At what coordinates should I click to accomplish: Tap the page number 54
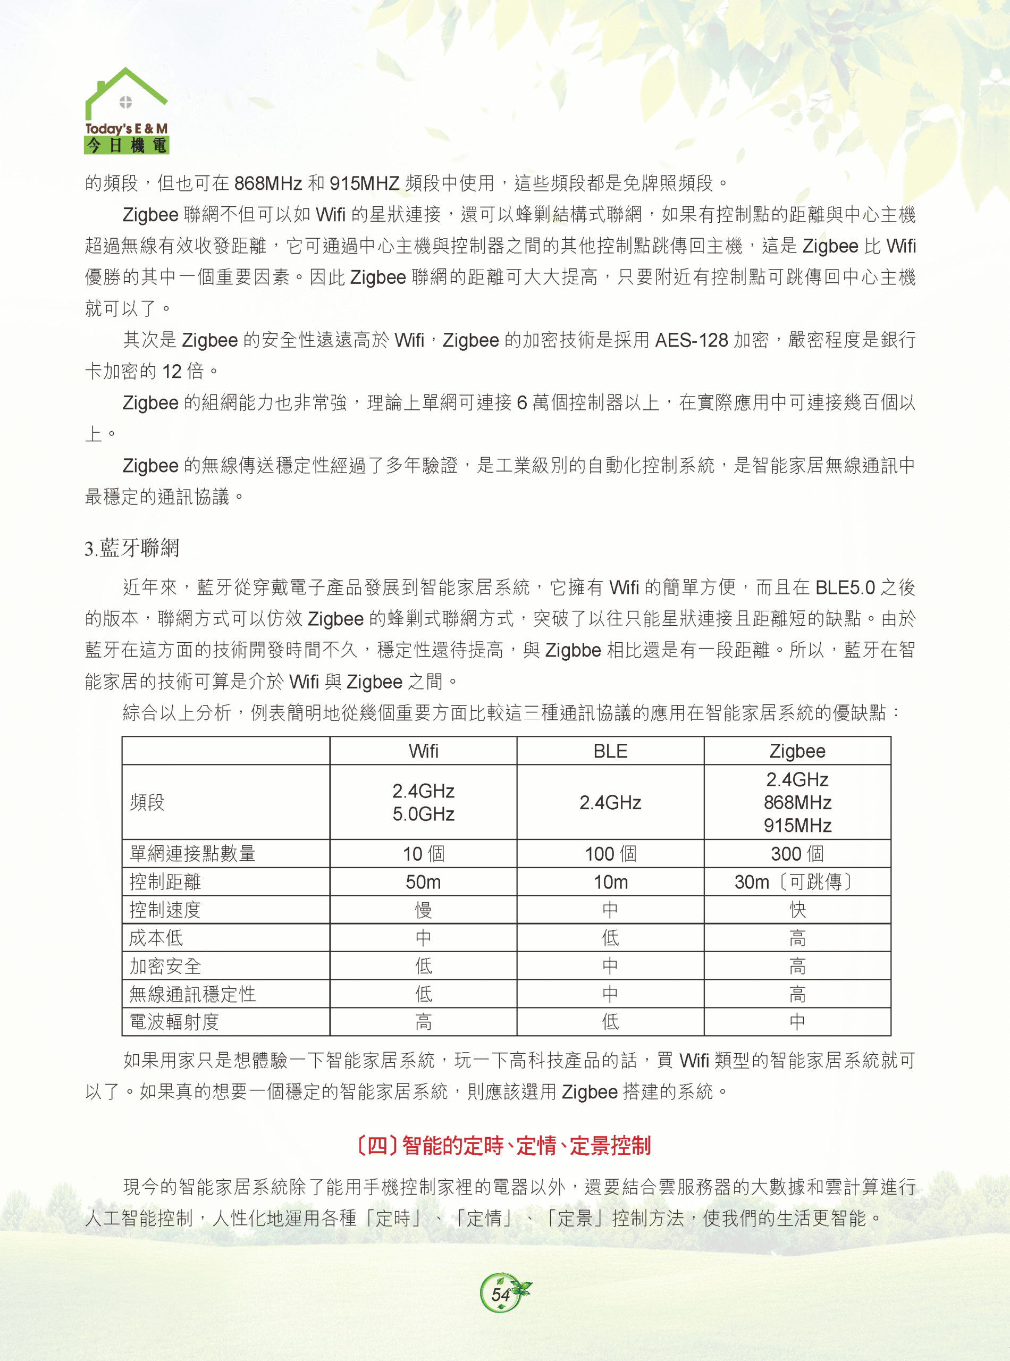[x=501, y=1293]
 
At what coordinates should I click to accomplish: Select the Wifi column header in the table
[x=423, y=751]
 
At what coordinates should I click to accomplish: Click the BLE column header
[x=610, y=751]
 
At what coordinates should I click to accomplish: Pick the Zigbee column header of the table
[x=797, y=751]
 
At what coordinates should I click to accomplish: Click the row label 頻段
[x=147, y=802]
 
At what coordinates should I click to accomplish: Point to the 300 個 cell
[x=797, y=853]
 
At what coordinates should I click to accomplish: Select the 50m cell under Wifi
[x=423, y=881]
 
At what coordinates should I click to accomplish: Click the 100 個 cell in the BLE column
[x=610, y=853]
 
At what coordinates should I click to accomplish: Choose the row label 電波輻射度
[x=174, y=1022]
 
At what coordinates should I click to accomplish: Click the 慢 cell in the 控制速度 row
[x=423, y=910]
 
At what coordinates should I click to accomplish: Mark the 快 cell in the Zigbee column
[x=797, y=910]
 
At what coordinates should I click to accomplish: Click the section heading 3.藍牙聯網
[x=132, y=548]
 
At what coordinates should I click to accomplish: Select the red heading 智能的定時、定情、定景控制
[x=503, y=1145]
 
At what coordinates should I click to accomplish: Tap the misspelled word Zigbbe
[x=573, y=650]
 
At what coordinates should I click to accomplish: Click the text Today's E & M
[x=126, y=129]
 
